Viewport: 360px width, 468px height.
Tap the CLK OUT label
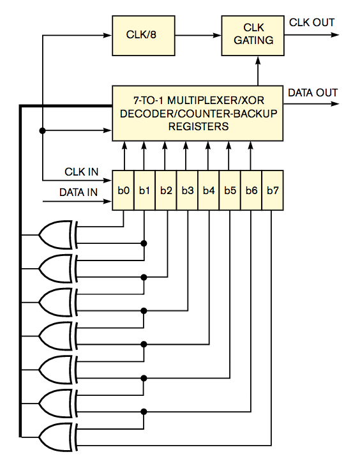[311, 23]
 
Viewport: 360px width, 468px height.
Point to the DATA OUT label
[313, 93]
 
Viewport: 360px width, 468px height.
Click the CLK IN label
[81, 172]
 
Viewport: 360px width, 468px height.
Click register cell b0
[124, 190]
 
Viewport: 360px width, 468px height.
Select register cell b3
[188, 190]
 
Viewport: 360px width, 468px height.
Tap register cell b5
[230, 190]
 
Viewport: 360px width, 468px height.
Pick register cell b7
[273, 190]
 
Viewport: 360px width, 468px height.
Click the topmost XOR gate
[57, 235]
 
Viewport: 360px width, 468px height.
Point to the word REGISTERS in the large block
[199, 126]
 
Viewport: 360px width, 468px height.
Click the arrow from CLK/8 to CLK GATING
[198, 35]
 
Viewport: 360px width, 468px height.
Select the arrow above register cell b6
[251, 156]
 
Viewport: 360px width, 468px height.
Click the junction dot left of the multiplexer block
[42, 131]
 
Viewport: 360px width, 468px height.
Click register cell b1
[145, 190]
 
